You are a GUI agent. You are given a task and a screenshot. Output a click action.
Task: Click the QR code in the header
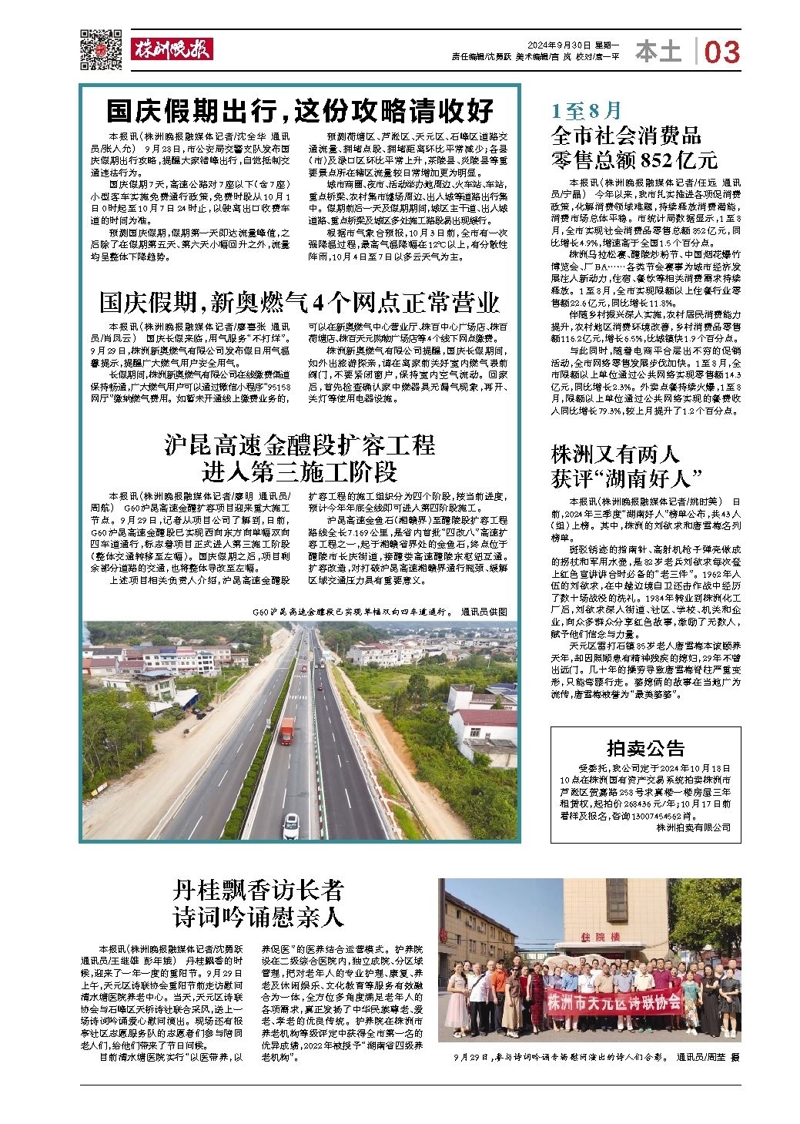pos(101,49)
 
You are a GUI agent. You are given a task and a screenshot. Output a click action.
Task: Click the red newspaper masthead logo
pos(170,49)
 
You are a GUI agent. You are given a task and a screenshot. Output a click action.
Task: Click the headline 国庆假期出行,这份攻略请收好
pos(300,111)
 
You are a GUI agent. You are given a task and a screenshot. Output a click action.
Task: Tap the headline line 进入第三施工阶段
pos(300,470)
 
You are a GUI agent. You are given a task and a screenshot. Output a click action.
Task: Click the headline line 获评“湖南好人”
pos(628,478)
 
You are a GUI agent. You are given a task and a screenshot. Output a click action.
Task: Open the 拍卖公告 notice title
pos(644,747)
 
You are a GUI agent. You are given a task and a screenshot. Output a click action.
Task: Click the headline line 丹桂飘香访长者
pos(257,891)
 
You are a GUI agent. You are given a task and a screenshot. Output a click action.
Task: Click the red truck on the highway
pos(286,730)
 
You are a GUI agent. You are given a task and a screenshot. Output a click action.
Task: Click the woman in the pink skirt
pos(456,1002)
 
